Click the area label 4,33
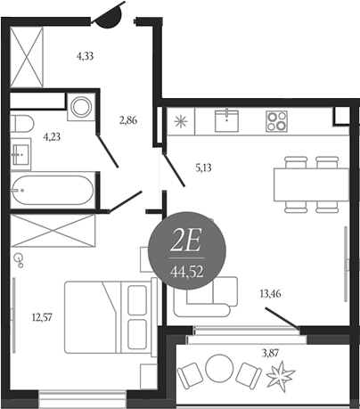pos(86,56)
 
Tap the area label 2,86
pos(128,120)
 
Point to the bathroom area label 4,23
pos(52,137)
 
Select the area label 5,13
pos(203,168)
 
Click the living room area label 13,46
pos(270,294)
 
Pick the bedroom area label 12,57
pos(42,317)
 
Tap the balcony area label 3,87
pos(270,353)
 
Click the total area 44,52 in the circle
pos(187,272)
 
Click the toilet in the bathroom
pos(21,123)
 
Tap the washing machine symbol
pos(81,107)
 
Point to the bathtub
pos(53,190)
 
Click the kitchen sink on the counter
pos(226,120)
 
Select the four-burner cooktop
pos(276,121)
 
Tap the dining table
pos(311,184)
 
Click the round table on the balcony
pos(219,369)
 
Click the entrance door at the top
pos(108,15)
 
